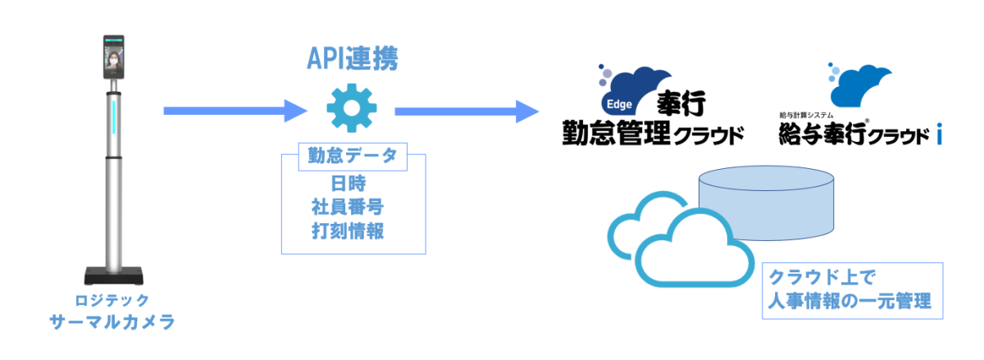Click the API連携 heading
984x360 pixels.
(x=353, y=58)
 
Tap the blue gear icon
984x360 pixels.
(x=352, y=108)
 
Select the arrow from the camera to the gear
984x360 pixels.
(x=235, y=111)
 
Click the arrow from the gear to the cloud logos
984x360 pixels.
(x=467, y=112)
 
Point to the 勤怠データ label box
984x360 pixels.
(x=353, y=157)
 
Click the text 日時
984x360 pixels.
(x=348, y=184)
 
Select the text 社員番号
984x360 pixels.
(x=348, y=207)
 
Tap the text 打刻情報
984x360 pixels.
(x=348, y=230)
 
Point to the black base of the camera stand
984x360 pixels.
(x=114, y=276)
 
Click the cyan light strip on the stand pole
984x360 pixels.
(x=113, y=117)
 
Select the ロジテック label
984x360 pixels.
(x=112, y=301)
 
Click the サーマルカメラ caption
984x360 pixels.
(x=112, y=321)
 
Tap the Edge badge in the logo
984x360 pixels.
(x=619, y=104)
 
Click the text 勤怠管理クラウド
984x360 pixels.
(x=653, y=133)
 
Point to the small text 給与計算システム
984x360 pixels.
(x=806, y=115)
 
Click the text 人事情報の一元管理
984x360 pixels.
(x=850, y=302)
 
